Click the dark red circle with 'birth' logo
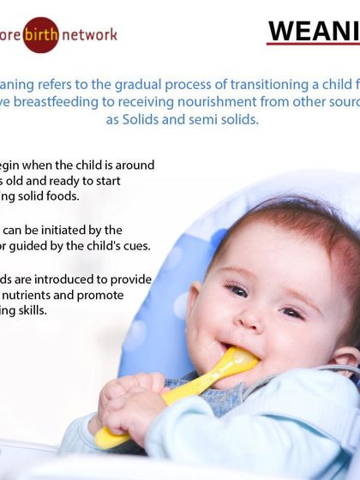coord(40,35)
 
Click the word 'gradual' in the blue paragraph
coord(129,84)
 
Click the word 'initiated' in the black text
coord(58,230)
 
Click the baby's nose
coord(251,319)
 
